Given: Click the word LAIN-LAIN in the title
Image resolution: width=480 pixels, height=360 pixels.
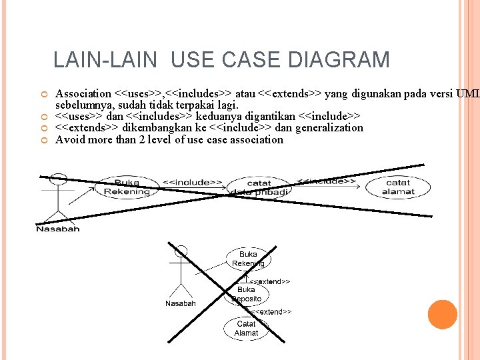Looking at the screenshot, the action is click(105, 60).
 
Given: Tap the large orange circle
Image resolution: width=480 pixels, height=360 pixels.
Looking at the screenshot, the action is click(442, 315).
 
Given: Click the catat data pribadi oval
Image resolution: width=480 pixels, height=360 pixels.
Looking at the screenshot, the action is click(259, 187).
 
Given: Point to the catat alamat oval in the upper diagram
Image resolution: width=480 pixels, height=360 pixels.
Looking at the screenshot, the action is click(398, 187).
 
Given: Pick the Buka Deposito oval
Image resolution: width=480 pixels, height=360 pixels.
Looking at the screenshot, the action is click(246, 295).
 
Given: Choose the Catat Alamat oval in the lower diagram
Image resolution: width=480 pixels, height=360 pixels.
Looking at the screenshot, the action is click(246, 328).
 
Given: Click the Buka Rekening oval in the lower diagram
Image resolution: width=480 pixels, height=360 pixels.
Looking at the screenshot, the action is click(248, 259).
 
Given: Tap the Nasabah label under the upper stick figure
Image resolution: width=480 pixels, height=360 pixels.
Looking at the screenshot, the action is click(57, 229).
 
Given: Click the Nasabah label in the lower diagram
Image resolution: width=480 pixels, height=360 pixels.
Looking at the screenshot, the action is click(181, 304).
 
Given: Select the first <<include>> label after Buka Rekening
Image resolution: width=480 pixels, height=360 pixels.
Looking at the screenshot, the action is click(193, 181).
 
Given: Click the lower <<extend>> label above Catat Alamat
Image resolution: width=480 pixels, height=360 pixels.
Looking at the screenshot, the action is click(271, 311).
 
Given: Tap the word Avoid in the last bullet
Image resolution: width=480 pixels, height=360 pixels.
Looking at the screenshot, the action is click(70, 140).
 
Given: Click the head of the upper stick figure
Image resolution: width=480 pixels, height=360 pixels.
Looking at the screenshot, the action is click(59, 179).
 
